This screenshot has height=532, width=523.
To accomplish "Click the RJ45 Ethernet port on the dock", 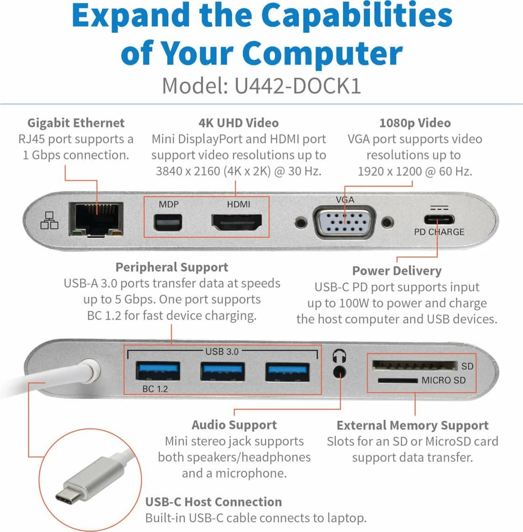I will [x=96, y=219].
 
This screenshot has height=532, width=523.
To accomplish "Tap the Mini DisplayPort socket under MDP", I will [x=168, y=224].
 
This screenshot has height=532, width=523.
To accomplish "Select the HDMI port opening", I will [x=237, y=223].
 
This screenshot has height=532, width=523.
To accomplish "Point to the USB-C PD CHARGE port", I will [x=439, y=220].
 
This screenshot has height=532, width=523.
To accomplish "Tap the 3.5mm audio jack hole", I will [x=339, y=372].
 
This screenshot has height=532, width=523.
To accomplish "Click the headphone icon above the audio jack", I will [x=339, y=356].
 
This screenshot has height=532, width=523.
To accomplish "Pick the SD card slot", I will [x=414, y=366].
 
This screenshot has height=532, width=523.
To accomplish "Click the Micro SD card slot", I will [x=397, y=381].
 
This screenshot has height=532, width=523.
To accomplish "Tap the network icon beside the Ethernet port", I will [x=49, y=220].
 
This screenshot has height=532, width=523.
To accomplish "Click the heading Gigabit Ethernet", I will [x=76, y=123].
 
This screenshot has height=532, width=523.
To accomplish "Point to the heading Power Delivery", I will [x=397, y=271].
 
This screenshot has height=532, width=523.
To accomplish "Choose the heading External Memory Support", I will [x=412, y=425].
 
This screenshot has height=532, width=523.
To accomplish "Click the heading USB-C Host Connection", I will [x=213, y=502].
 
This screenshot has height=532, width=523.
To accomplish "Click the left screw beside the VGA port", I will [x=301, y=223].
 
